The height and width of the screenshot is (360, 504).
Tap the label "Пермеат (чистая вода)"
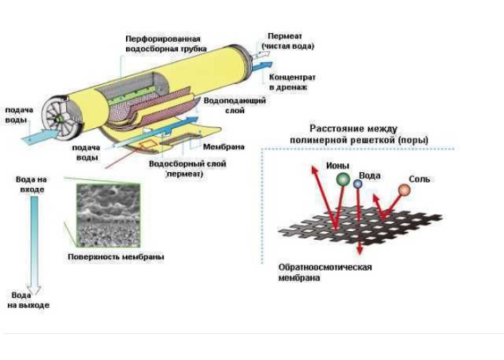pos(290,41)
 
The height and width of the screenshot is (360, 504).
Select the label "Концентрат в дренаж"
pos(288,82)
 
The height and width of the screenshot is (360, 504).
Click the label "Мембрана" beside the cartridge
pos(223,147)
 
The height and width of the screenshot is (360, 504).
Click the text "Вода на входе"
pos(32,184)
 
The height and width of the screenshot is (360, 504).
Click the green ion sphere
pos(342,179)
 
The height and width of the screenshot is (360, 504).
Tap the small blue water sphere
pos(358,185)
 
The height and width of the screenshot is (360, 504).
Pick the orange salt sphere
pos(404,190)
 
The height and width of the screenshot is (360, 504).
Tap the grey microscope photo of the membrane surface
pos(108,215)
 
